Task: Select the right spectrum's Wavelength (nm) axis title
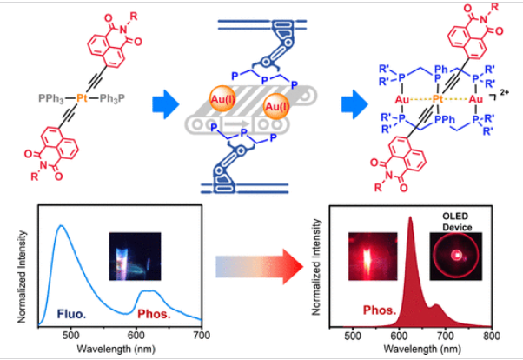coord(420,348)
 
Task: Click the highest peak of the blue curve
coord(62,227)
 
